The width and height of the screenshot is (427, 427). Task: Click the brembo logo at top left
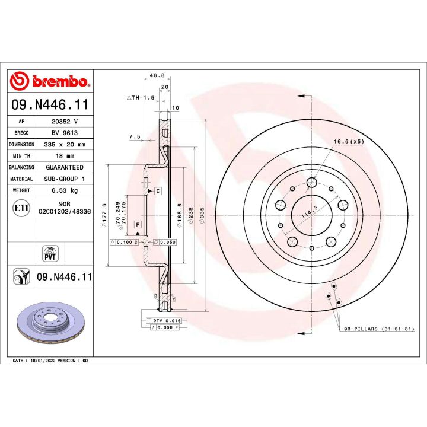click(50, 81)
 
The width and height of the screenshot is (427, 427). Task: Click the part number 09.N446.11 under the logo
click(50, 106)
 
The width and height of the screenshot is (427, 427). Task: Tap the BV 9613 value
click(65, 133)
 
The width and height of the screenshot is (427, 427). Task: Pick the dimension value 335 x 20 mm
click(65, 145)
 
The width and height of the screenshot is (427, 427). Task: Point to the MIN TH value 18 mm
click(65, 156)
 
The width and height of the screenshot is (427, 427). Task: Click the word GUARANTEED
click(65, 168)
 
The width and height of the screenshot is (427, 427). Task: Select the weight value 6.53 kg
click(65, 191)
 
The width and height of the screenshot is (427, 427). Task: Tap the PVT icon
click(50, 252)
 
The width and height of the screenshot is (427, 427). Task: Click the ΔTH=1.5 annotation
click(140, 96)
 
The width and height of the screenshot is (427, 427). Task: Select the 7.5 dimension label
click(135, 136)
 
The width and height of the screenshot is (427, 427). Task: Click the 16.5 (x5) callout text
click(348, 142)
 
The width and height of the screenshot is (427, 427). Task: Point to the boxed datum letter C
click(158, 191)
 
